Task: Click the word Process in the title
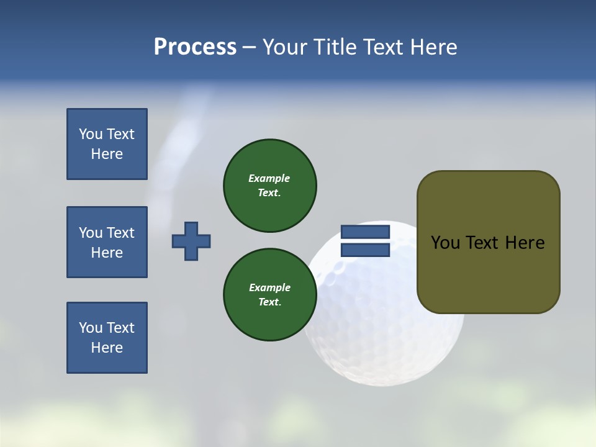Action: point(195,47)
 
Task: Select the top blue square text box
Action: point(107,144)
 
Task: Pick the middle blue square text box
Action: point(107,242)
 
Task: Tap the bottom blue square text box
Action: point(107,338)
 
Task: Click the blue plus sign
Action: point(191,241)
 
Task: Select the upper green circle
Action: point(269,186)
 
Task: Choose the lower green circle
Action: point(269,295)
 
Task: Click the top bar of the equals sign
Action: point(365,232)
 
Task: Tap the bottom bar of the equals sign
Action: point(365,250)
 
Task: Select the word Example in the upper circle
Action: point(269,178)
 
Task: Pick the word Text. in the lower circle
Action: point(269,302)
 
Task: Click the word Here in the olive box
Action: point(525,243)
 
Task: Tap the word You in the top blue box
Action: point(91,134)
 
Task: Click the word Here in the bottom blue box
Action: point(107,348)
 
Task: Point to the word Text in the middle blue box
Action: point(120,233)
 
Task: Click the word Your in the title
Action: point(286,47)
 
